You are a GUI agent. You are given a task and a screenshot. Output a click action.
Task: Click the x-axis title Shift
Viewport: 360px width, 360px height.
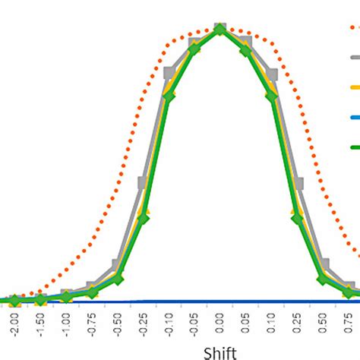[219, 352]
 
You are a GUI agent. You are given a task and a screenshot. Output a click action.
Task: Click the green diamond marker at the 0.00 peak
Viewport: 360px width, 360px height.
[220, 30]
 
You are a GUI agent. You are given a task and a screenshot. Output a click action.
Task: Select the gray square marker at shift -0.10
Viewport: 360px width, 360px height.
[169, 73]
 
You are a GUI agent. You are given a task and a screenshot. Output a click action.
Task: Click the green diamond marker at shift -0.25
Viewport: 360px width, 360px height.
[144, 219]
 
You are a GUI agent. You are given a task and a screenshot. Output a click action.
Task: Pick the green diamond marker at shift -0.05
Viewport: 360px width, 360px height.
[194, 49]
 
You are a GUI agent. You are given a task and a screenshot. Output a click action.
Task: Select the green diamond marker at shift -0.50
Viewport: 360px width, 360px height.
[118, 279]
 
